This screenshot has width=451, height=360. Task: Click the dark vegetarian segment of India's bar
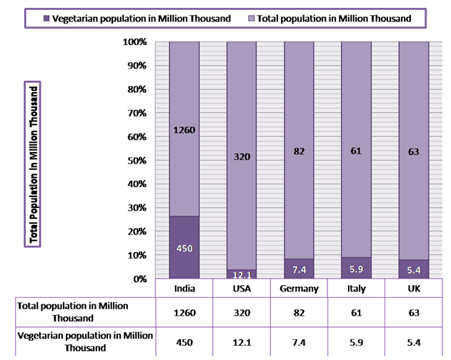(184, 246)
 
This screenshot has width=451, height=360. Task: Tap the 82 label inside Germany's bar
(299, 151)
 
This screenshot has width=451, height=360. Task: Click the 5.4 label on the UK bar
(413, 270)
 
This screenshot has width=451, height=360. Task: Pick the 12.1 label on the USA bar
(242, 274)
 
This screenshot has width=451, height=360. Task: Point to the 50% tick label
(137, 161)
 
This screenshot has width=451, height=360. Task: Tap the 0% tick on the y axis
(139, 279)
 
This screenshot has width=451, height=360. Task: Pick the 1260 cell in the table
(184, 312)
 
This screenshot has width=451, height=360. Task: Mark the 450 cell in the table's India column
(184, 341)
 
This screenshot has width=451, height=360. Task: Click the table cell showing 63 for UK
(413, 312)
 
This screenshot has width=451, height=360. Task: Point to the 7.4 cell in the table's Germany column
(299, 341)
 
